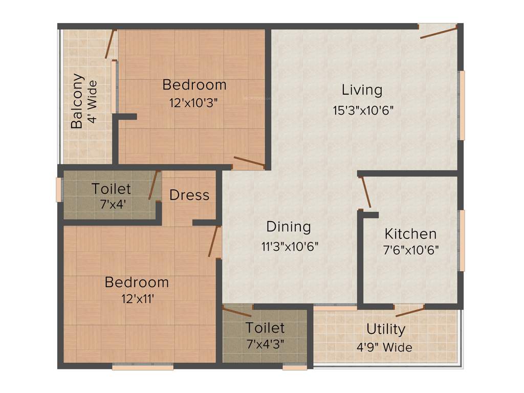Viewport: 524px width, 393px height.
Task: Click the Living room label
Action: click(x=362, y=90)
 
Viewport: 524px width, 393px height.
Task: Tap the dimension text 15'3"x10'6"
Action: click(x=363, y=110)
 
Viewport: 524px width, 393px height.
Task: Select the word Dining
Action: click(x=288, y=227)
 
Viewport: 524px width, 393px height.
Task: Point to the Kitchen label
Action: click(x=410, y=234)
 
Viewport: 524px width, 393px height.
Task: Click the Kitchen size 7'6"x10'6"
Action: click(x=411, y=250)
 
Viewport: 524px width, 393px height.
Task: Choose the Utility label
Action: click(x=385, y=329)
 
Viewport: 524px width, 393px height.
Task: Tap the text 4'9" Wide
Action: click(x=384, y=347)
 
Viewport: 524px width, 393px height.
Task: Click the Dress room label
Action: click(x=189, y=195)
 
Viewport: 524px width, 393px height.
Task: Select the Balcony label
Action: click(x=77, y=101)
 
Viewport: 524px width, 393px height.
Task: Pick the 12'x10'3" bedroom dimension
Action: click(x=194, y=102)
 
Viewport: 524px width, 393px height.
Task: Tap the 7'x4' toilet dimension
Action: click(x=112, y=203)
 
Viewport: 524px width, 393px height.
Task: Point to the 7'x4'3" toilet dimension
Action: click(x=265, y=343)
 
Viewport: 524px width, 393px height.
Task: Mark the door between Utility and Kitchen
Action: click(x=410, y=311)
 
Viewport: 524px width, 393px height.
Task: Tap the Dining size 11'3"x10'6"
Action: click(x=290, y=246)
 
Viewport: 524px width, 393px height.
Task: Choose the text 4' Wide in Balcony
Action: click(x=92, y=102)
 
